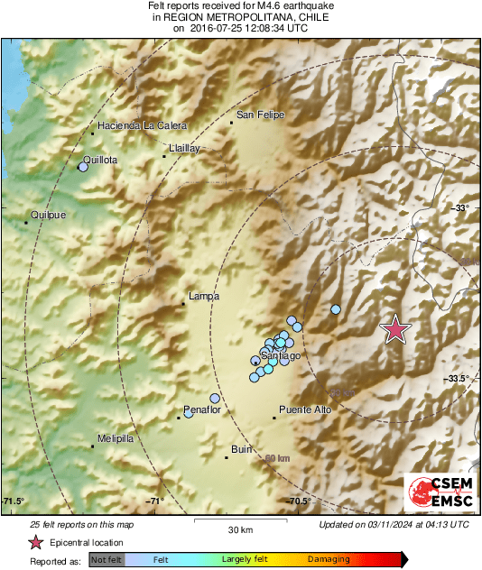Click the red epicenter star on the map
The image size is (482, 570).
pos(395,330)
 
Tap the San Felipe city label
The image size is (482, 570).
pos(260,115)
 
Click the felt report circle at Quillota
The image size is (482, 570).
pos(83,167)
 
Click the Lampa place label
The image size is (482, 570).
pos(204,295)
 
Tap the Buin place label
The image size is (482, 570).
pos(241,448)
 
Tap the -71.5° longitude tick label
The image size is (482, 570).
pos(14,501)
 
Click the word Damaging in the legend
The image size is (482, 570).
pos(329,559)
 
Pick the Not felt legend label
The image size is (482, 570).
pos(107,560)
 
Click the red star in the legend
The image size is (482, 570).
pos(35,542)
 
